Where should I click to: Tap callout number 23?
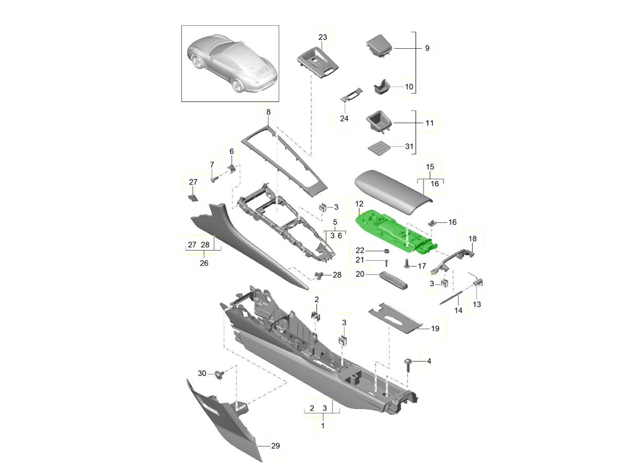(x=322, y=37)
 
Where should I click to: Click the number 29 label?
(x=275, y=446)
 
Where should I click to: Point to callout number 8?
(x=268, y=112)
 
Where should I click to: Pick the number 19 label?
(x=435, y=328)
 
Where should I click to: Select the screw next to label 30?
(x=220, y=374)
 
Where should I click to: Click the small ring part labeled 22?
(x=386, y=251)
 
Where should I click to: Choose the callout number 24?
(x=344, y=119)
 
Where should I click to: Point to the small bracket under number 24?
(x=351, y=94)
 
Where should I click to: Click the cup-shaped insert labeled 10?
(x=382, y=87)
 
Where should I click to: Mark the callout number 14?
(x=458, y=310)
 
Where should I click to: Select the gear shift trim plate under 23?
(x=318, y=62)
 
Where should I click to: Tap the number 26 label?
(x=204, y=263)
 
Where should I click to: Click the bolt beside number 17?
(x=407, y=263)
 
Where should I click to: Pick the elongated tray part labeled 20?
(x=393, y=280)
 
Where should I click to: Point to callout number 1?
(x=323, y=426)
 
